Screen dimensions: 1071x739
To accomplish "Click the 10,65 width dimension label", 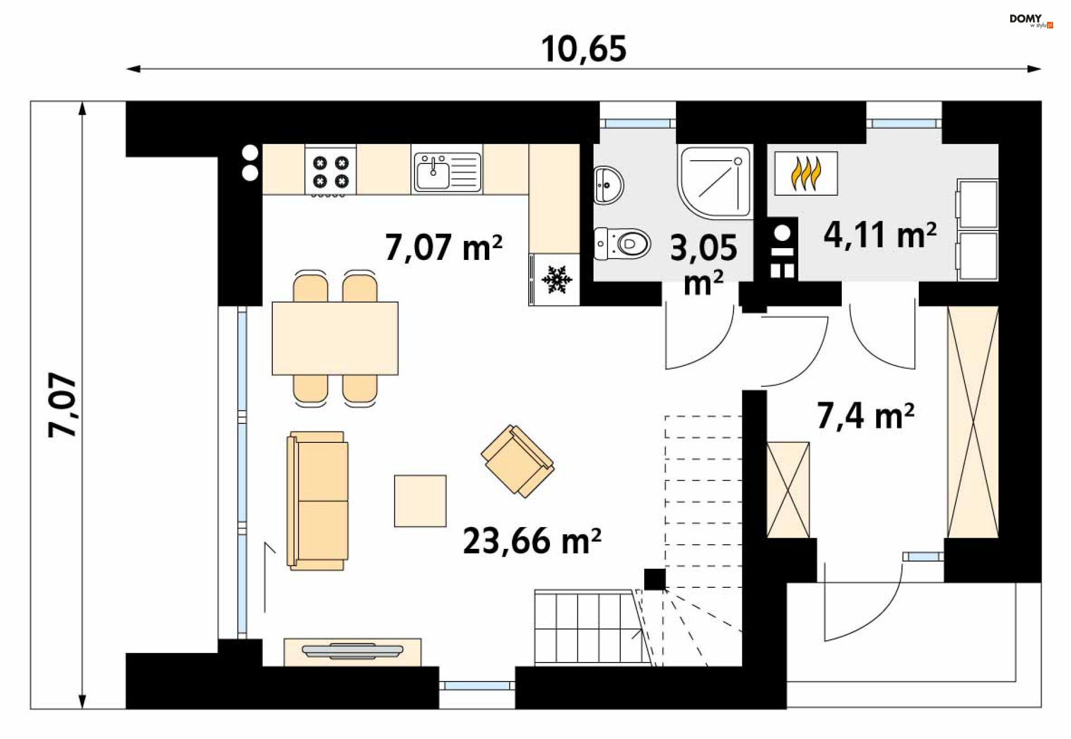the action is pyautogui.click(x=583, y=49).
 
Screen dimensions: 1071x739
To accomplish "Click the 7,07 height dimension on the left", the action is pyautogui.click(x=62, y=405).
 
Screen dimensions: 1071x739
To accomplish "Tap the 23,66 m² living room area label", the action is pyautogui.click(x=532, y=540).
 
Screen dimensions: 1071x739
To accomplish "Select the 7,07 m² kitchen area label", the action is pyautogui.click(x=443, y=247).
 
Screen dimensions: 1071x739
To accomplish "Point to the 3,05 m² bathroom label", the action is pyautogui.click(x=703, y=264).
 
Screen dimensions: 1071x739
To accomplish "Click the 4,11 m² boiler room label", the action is pyautogui.click(x=880, y=234).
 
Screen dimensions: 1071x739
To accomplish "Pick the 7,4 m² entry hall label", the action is pyautogui.click(x=866, y=416).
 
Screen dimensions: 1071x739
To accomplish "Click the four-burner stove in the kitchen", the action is pyautogui.click(x=330, y=171).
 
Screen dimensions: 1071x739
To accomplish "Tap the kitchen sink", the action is pyautogui.click(x=447, y=172).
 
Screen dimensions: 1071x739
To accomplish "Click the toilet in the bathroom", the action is pyautogui.click(x=622, y=244).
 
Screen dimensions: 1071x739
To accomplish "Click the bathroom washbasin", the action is pyautogui.click(x=609, y=185).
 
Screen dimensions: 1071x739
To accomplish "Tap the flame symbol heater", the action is pyautogui.click(x=806, y=173).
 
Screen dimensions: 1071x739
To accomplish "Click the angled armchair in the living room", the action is pyautogui.click(x=518, y=461).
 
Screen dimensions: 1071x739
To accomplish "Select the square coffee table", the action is pyautogui.click(x=420, y=501).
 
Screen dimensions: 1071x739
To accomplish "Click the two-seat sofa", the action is pyautogui.click(x=317, y=500).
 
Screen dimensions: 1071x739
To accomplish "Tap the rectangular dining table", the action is pyautogui.click(x=335, y=339).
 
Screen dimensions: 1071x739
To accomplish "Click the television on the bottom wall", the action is pyautogui.click(x=353, y=651).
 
